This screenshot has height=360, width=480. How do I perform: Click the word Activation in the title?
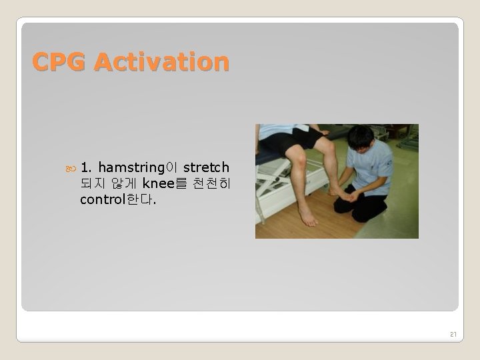pos(161,62)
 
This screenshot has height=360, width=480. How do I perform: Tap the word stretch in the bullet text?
pos(206,167)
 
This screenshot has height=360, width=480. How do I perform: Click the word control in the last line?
pos(105,199)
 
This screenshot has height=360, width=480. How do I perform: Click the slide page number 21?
pos(453,333)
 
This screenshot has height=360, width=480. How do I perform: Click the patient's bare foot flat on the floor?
pos(308,216)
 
